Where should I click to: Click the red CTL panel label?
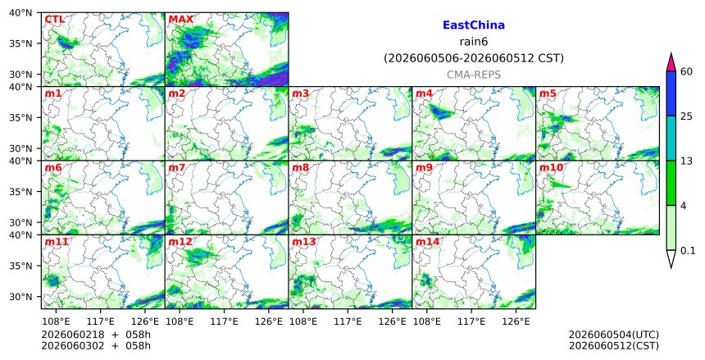[x=54, y=20]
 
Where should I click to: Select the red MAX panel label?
[x=180, y=20]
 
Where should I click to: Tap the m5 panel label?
[x=548, y=93]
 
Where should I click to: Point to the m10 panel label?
[x=551, y=168]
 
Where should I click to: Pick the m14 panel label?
[x=427, y=242]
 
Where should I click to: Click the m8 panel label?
[x=300, y=168]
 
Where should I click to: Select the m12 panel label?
[x=180, y=242]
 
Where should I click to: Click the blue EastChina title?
[x=474, y=25]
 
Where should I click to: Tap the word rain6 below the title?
[x=474, y=42]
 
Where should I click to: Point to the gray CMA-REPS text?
[x=474, y=75]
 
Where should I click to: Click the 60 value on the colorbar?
[x=686, y=71]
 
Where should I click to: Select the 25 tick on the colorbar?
[x=686, y=116]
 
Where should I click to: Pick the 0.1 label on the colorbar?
[x=688, y=251]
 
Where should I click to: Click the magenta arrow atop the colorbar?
[x=671, y=62]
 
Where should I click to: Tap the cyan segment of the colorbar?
[x=671, y=138]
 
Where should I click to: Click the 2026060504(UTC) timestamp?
[x=614, y=335]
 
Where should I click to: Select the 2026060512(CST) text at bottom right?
[x=614, y=346]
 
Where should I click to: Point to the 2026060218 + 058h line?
[x=96, y=335]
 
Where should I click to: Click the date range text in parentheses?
[x=474, y=58]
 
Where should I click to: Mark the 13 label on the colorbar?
[x=686, y=161]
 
